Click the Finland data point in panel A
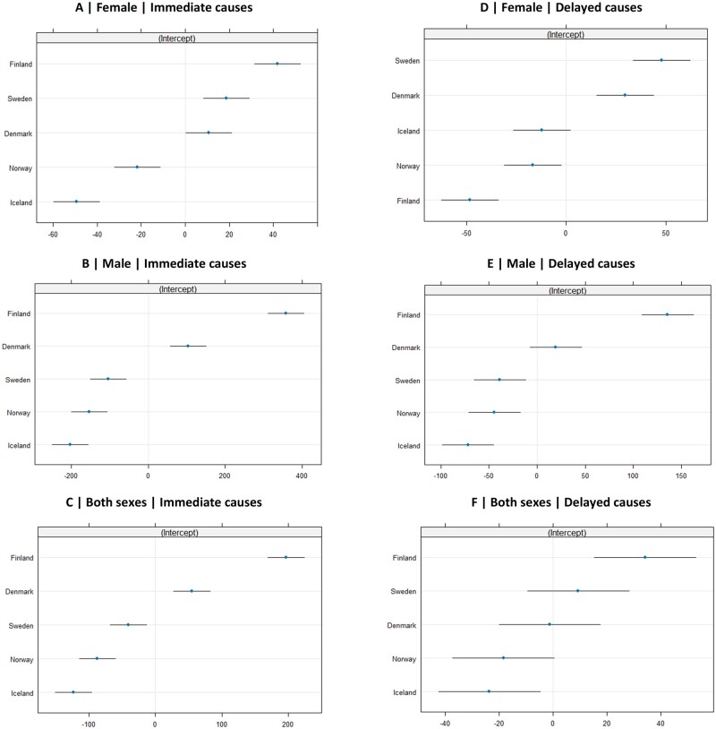pos(277,64)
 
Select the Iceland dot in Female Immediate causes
pos(76,202)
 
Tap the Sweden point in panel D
pos(661,60)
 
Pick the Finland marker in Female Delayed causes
pos(469,200)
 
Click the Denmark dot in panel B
pos(188,346)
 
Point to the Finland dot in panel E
pos(667,314)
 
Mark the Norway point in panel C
pos(97,658)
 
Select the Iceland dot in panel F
pos(489,691)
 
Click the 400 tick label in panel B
pos(302,476)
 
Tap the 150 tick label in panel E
pos(681,476)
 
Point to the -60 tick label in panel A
pos(53,235)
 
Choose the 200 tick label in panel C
pos(287,724)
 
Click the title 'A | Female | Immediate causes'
pos(164,7)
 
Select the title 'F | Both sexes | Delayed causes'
pos(561,502)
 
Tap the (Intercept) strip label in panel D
pos(566,34)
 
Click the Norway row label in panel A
pos(21,168)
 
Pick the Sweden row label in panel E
pos(407,381)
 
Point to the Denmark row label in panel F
pos(402,625)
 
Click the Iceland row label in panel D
pos(408,131)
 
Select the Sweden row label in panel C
pos(21,626)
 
